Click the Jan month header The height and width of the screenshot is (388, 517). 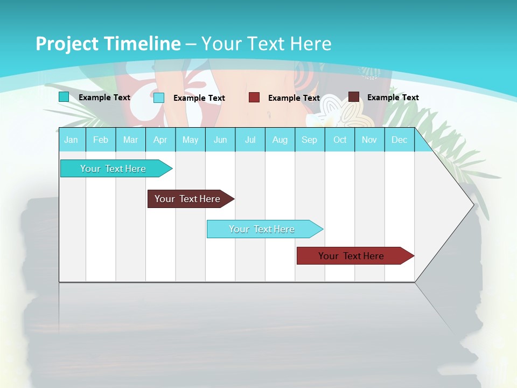click(x=72, y=140)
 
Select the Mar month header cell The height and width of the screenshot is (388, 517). click(x=130, y=140)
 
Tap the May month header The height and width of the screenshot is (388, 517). click(x=190, y=140)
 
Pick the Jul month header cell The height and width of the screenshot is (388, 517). click(x=250, y=140)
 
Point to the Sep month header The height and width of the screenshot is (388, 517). click(x=310, y=140)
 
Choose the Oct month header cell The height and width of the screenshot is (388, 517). click(x=340, y=140)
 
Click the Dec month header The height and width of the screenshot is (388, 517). click(x=399, y=140)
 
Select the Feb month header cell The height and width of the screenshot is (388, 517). click(x=101, y=140)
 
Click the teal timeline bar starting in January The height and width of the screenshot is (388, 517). click(x=114, y=169)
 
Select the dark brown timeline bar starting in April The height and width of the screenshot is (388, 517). click(x=188, y=199)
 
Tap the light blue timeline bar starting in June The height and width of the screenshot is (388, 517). click(x=262, y=229)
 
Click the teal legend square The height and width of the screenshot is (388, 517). click(x=64, y=97)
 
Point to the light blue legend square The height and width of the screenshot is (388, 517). click(x=159, y=98)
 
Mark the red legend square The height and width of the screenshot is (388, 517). click(x=254, y=98)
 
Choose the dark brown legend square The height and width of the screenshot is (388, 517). click(x=354, y=97)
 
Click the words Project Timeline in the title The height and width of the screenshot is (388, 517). click(x=108, y=44)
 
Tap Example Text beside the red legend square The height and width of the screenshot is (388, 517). click(x=294, y=98)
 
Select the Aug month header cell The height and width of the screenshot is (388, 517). click(x=280, y=140)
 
